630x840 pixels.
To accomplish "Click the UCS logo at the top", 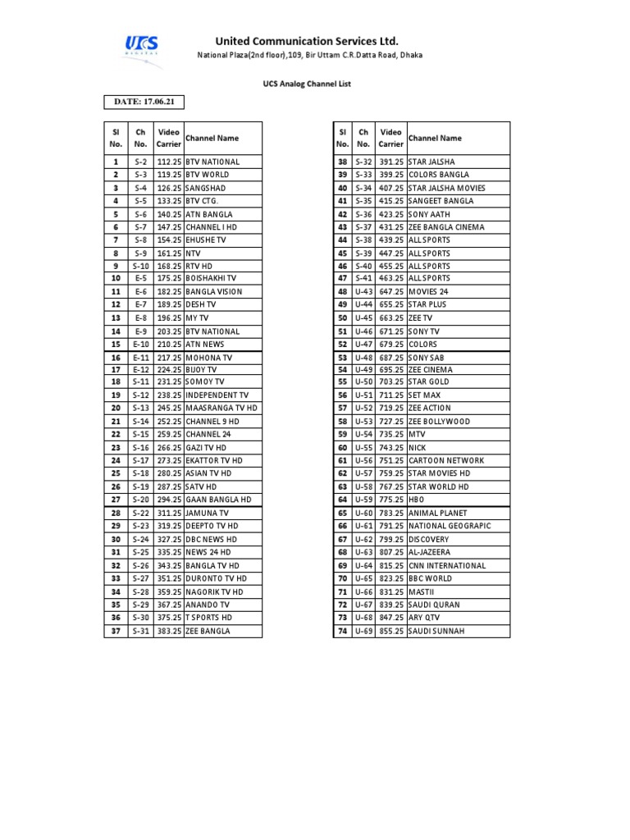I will click(141, 47).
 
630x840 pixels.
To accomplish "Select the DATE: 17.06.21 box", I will click(144, 102).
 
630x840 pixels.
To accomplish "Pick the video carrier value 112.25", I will click(169, 162).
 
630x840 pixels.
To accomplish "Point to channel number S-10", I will click(141, 266).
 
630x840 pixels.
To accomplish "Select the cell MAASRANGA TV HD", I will click(221, 408).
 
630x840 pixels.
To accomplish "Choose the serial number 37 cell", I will click(116, 631).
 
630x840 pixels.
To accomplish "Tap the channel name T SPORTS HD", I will click(209, 618).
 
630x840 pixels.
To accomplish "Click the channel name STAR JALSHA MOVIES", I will click(446, 188).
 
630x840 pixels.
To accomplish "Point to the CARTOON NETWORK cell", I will click(446, 461).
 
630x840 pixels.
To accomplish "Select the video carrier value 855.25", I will click(392, 631).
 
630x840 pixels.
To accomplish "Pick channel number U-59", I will click(363, 500).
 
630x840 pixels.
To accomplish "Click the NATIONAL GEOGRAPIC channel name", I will click(450, 526).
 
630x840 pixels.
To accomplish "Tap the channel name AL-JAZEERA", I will click(429, 552).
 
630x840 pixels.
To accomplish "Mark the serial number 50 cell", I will click(343, 317).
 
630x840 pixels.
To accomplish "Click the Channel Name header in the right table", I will click(435, 139).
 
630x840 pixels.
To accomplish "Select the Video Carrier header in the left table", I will click(169, 138).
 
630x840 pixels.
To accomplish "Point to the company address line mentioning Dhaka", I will click(310, 55).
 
